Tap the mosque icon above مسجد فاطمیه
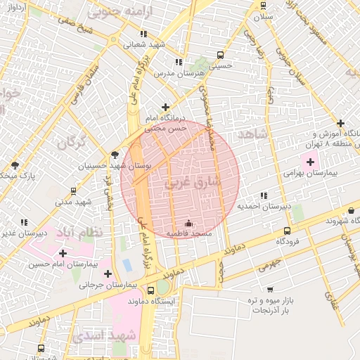click(x=187, y=224)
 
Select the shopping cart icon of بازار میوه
click(x=270, y=289)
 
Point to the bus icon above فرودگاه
click(x=286, y=231)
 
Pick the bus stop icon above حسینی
click(x=221, y=55)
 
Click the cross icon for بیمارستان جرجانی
click(x=108, y=273)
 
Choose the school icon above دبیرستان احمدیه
click(x=263, y=196)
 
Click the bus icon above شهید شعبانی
click(x=143, y=33)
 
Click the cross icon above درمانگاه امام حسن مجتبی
click(x=165, y=108)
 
